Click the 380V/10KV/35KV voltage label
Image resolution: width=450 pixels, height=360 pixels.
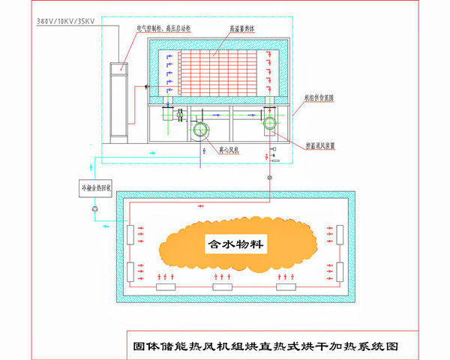coord(65,22)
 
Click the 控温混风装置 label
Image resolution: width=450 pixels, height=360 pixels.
coord(319,145)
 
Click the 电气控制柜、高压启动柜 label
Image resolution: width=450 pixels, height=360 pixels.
coord(169,28)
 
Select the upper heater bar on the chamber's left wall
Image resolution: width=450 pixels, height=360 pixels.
coord(131,235)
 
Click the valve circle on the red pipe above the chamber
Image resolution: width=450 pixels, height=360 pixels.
coord(268,178)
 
